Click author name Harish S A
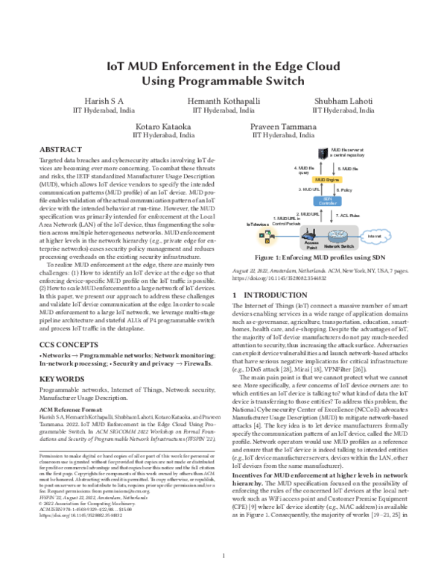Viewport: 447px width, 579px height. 101,100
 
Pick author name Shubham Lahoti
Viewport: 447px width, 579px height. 343,100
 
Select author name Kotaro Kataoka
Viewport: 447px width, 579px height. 161,127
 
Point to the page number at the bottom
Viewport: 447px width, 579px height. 223,555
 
